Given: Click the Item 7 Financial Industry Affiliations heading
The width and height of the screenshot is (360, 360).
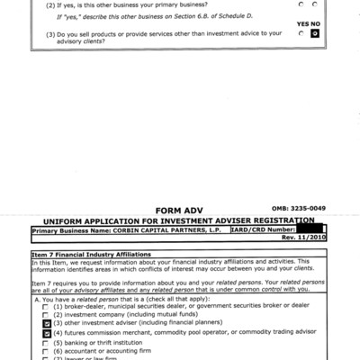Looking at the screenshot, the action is tap(90, 256).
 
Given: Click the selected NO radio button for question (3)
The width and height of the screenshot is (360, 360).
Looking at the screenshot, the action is tap(315, 33).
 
